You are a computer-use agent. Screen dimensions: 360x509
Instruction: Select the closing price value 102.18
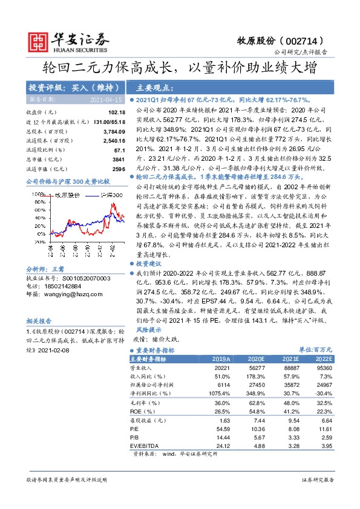pos(116,112)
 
